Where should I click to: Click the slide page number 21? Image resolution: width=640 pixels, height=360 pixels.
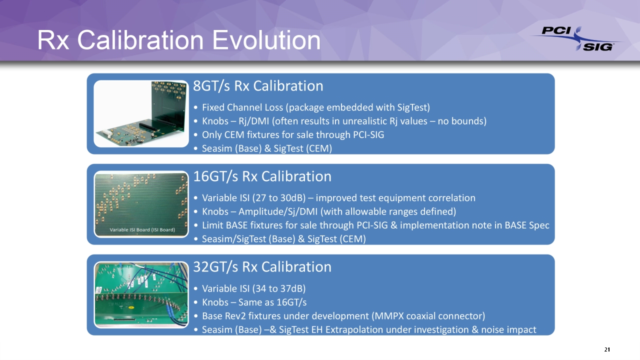point(607,349)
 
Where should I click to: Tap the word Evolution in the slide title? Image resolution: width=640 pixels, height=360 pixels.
point(266,40)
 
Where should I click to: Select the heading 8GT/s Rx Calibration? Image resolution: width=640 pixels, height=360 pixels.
point(258,85)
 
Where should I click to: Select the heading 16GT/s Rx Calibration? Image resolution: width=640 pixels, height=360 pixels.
point(262,176)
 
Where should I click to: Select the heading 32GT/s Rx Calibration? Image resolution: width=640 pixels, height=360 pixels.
point(262,266)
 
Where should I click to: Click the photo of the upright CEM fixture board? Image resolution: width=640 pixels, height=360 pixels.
point(141,113)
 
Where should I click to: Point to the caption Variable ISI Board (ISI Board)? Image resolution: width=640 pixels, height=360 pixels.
point(142,229)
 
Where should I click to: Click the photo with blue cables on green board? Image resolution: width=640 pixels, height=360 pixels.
point(141,294)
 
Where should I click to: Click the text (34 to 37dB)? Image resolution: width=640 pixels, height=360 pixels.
point(279,288)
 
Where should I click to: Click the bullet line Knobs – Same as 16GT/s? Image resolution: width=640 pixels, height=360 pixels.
point(254,302)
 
